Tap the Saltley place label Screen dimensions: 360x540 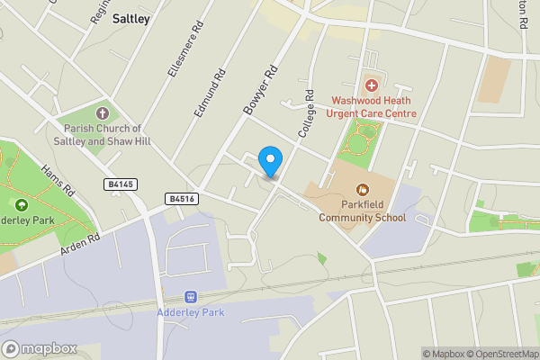click(131, 18)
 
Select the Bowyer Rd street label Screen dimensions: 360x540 click(259, 88)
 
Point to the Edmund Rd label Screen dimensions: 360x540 click(209, 96)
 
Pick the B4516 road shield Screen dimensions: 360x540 click(181, 198)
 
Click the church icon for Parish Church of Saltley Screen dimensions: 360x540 click(102, 113)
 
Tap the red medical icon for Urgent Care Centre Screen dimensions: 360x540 click(373, 85)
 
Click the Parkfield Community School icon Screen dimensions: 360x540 click(363, 190)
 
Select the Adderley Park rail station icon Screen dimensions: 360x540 click(190, 296)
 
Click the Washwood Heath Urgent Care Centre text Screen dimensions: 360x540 click(374, 107)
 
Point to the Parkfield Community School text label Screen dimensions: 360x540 click(362, 211)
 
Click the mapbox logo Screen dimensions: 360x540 click(40, 348)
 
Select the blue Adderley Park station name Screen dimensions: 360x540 click(190, 312)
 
